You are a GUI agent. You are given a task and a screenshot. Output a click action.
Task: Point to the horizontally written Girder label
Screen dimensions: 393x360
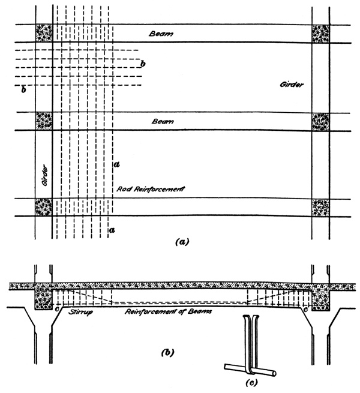coord(292,85)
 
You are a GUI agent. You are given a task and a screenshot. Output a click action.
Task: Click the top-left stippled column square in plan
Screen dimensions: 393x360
coord(44,33)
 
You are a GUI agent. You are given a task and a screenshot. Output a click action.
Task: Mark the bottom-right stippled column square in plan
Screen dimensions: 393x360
coord(320,208)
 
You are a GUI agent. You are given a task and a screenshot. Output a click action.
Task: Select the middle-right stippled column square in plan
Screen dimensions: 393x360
coord(320,121)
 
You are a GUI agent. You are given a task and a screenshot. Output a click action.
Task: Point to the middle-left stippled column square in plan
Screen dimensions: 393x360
coord(44,121)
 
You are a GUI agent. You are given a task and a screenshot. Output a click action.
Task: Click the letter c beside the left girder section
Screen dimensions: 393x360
coord(56,310)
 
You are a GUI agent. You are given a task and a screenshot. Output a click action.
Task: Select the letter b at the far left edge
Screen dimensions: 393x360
coord(23,91)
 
